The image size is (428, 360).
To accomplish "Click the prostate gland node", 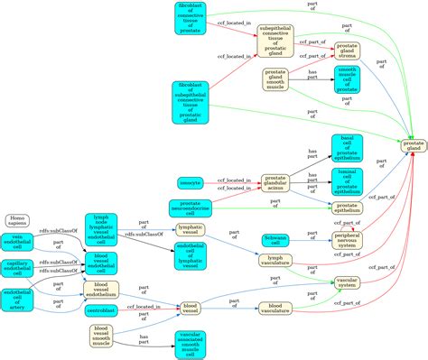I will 413,145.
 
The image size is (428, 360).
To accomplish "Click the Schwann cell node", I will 275,239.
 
